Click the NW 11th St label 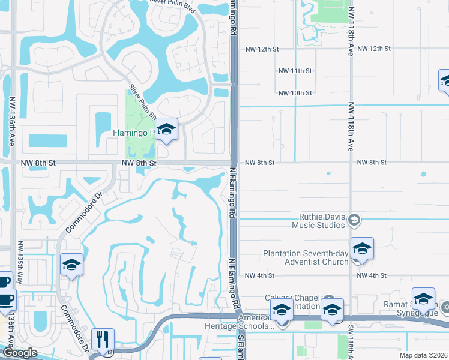(x=295, y=71)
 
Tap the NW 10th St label (x=295, y=93)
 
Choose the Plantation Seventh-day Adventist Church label (x=306, y=257)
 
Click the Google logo (x=20, y=353)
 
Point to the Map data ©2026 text (x=423, y=355)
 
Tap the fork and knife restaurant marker (x=103, y=340)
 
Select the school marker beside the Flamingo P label (x=166, y=129)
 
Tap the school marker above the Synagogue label (x=423, y=298)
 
